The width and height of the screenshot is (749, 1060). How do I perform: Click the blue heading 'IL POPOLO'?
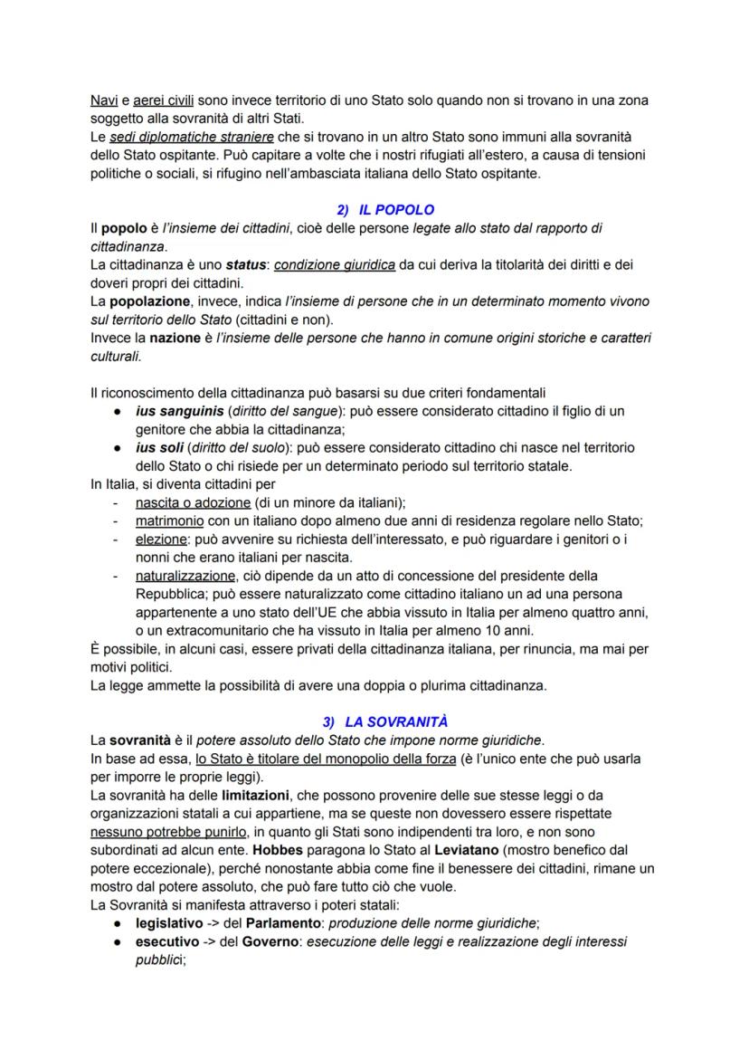(x=397, y=209)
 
